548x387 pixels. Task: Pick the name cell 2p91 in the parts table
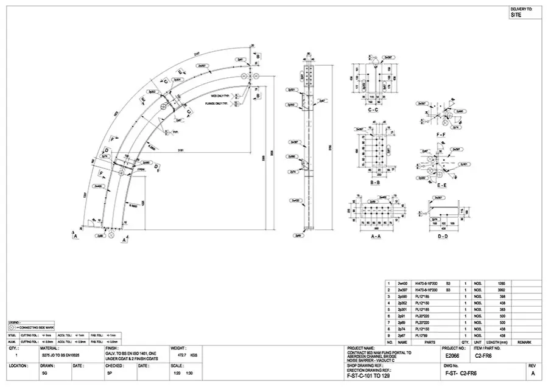point(402,316)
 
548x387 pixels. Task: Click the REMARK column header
point(525,343)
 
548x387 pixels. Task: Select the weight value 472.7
point(181,354)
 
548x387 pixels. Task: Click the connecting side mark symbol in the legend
point(13,327)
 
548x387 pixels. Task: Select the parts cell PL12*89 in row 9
point(423,336)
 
